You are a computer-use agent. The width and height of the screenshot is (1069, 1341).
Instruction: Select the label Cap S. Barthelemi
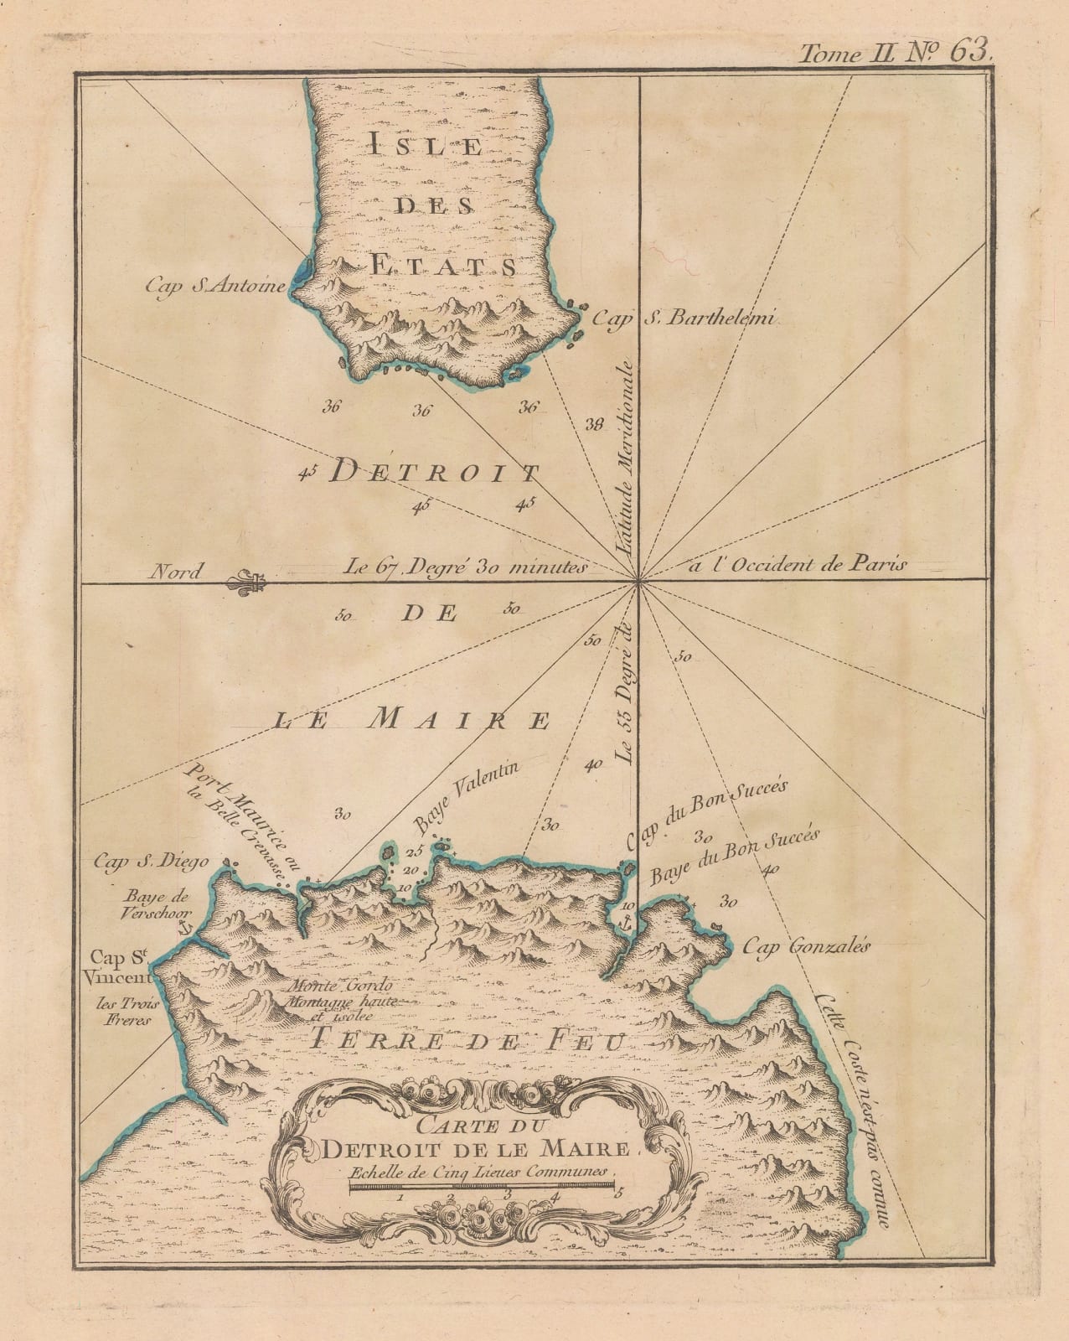(x=685, y=318)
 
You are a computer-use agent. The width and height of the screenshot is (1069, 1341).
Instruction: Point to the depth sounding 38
(x=594, y=425)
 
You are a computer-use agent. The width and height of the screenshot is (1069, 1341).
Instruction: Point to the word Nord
(x=174, y=572)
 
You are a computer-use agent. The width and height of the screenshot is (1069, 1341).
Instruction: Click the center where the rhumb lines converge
(x=639, y=579)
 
